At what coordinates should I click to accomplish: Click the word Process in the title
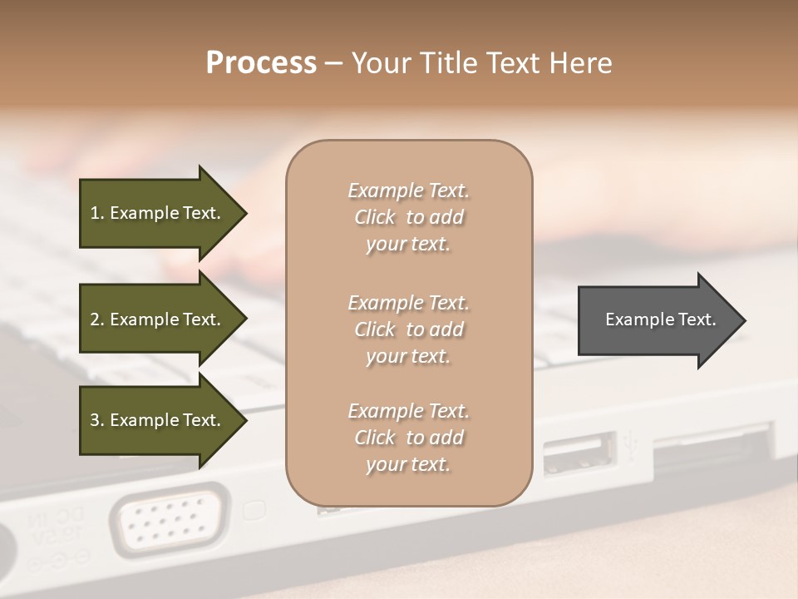pos(261,63)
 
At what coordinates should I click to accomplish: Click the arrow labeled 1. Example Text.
pos(158,213)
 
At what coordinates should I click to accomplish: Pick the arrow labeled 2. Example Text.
pos(158,319)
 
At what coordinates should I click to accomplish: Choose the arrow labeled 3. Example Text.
pos(158,420)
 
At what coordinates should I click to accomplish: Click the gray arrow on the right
pos(657,320)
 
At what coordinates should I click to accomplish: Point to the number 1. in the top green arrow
pos(96,213)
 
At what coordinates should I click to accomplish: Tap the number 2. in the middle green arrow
pos(96,319)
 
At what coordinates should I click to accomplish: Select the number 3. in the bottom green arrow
pos(96,420)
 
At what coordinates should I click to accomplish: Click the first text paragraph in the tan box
pos(408,217)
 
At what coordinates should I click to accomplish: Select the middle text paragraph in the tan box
pos(408,329)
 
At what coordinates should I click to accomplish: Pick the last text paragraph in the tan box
pos(408,438)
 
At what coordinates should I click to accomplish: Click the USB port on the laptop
pos(579,454)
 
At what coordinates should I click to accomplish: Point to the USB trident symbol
pos(631,445)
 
